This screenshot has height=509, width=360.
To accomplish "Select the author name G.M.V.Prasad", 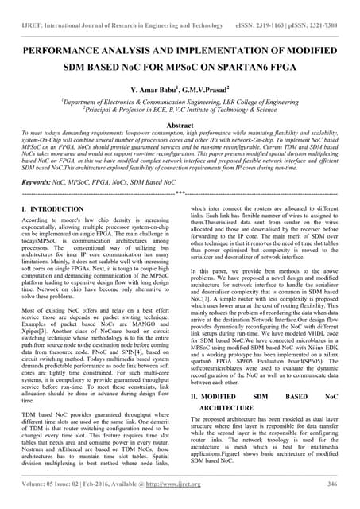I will click(205, 89).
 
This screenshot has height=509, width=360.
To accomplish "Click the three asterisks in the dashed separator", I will click(180, 192).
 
